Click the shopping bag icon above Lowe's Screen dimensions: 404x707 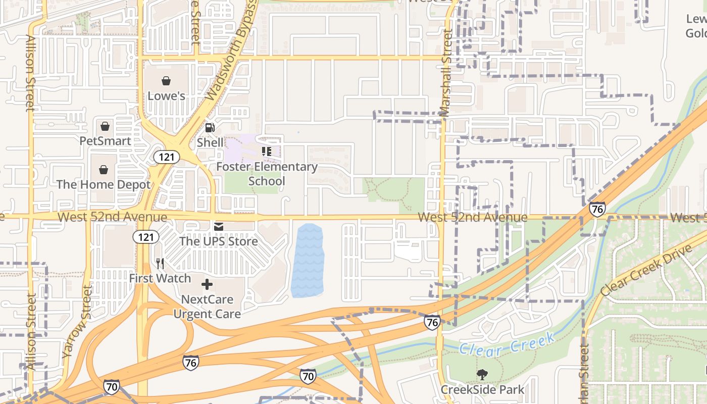pyautogui.click(x=166, y=81)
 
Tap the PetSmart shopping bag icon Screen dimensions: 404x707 pyautogui.click(x=105, y=126)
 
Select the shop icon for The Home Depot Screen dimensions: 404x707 pyautogui.click(x=104, y=170)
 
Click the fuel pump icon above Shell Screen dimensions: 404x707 pyautogui.click(x=210, y=128)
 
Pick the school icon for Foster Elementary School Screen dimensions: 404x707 pyautogui.click(x=267, y=151)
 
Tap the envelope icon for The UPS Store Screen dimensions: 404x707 pyautogui.click(x=219, y=227)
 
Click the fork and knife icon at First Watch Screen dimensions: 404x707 pyautogui.click(x=160, y=263)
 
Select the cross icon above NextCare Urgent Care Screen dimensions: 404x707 pyautogui.click(x=207, y=284)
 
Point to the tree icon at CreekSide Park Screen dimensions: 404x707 pyautogui.click(x=482, y=375)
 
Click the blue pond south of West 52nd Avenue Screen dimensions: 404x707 pyautogui.click(x=308, y=260)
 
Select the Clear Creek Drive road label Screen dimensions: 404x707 pyautogui.click(x=646, y=271)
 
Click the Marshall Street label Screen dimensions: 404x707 pyautogui.click(x=446, y=73)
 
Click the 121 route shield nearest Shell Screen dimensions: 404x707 pyautogui.click(x=166, y=157)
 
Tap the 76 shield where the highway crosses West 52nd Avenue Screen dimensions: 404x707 pyautogui.click(x=597, y=209)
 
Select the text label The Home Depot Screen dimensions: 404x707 pyautogui.click(x=104, y=185)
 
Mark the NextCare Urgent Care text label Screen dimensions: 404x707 pyautogui.click(x=207, y=307)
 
